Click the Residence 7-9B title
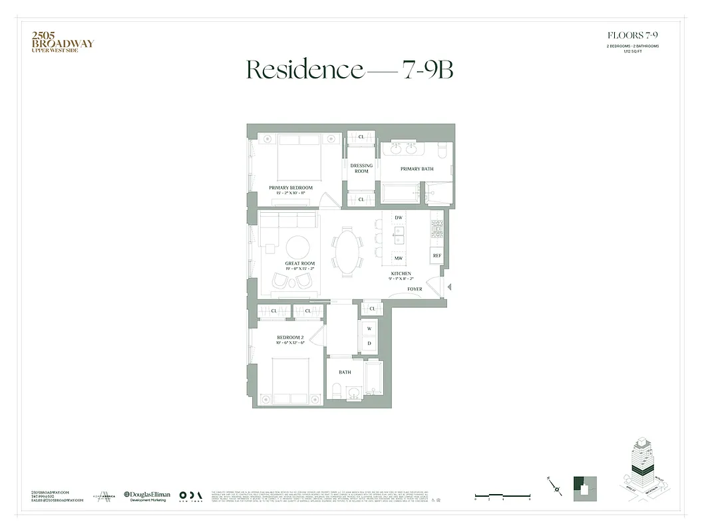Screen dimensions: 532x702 coord(351,70)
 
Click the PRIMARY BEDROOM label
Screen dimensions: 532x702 coord(291,188)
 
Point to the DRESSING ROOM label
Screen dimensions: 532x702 coord(361,168)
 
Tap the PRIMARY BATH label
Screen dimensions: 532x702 coord(417,169)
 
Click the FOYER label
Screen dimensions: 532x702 coord(415,289)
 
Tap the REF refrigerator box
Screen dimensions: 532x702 coord(437,255)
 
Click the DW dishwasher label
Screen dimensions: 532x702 coord(399,218)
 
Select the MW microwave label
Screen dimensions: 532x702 coord(399,258)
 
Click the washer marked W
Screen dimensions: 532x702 coord(369,329)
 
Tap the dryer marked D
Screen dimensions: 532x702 coord(369,344)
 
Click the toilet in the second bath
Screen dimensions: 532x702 coord(337,390)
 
